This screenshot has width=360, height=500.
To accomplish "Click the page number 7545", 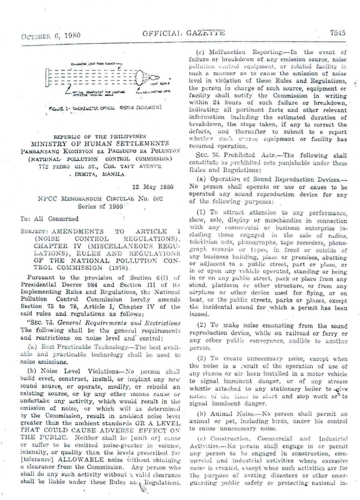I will (337, 33).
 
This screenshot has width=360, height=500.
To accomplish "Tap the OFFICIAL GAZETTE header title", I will (184, 33).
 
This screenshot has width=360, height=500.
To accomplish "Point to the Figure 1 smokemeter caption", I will (105, 108).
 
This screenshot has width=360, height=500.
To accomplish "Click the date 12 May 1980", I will (153, 187).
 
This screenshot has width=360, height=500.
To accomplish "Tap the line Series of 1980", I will (100, 206).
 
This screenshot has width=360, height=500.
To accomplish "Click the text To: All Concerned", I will (49, 219).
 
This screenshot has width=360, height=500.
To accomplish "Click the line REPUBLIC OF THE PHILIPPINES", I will (100, 137).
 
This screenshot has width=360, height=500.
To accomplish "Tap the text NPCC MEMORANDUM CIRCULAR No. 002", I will (100, 199).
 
